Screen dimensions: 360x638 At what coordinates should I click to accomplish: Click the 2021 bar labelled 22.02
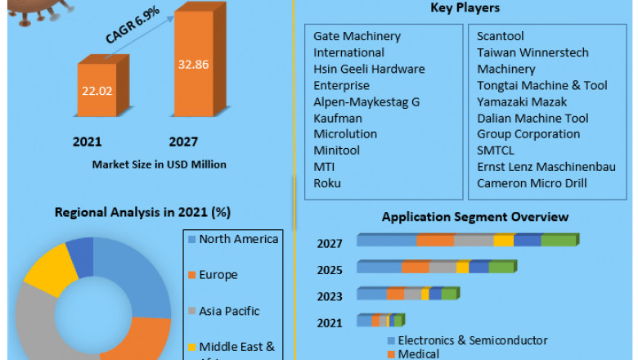pyautogui.click(x=97, y=90)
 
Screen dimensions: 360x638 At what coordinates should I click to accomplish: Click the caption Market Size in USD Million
pyautogui.click(x=159, y=164)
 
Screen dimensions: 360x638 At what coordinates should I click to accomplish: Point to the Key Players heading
pyautogui.click(x=465, y=8)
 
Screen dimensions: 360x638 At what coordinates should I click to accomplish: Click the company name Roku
pyautogui.click(x=327, y=183)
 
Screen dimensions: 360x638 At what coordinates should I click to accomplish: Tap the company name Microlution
pyautogui.click(x=345, y=134)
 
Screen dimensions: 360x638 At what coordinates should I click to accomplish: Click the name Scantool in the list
pyautogui.click(x=501, y=36)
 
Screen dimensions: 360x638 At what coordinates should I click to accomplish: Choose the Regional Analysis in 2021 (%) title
pyautogui.click(x=142, y=213)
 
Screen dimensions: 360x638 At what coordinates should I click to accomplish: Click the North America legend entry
pyautogui.click(x=238, y=239)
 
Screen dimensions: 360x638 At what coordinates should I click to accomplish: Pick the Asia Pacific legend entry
pyautogui.click(x=229, y=311)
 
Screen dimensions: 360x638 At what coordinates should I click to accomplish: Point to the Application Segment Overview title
pyautogui.click(x=475, y=217)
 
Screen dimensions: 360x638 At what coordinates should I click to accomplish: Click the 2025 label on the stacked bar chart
pyautogui.click(x=330, y=269)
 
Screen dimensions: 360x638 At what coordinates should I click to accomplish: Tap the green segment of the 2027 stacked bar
pyautogui.click(x=559, y=241)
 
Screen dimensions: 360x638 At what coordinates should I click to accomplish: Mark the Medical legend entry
pyautogui.click(x=418, y=353)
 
